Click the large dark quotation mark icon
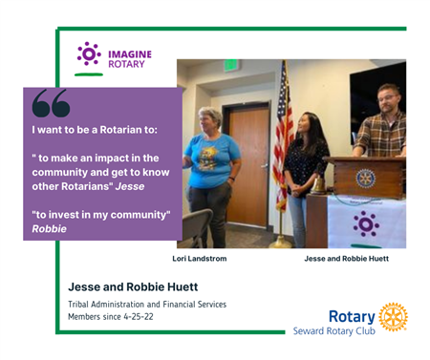point(51,103)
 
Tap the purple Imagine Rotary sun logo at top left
point(89,54)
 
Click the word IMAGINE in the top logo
point(130,54)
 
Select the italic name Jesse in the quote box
point(130,186)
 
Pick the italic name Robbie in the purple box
point(50,228)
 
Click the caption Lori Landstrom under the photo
point(200,259)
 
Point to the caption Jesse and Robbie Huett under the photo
point(347,259)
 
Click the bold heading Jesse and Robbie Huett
point(133,286)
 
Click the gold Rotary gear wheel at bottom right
point(393,317)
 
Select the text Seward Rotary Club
point(334,331)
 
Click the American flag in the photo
point(284,137)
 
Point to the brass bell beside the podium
point(318,183)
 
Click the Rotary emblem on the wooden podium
point(366,179)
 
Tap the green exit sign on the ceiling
point(231,65)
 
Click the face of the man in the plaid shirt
point(388,100)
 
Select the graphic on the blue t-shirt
point(207,158)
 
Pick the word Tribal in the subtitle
point(78,305)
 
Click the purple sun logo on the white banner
point(366,224)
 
